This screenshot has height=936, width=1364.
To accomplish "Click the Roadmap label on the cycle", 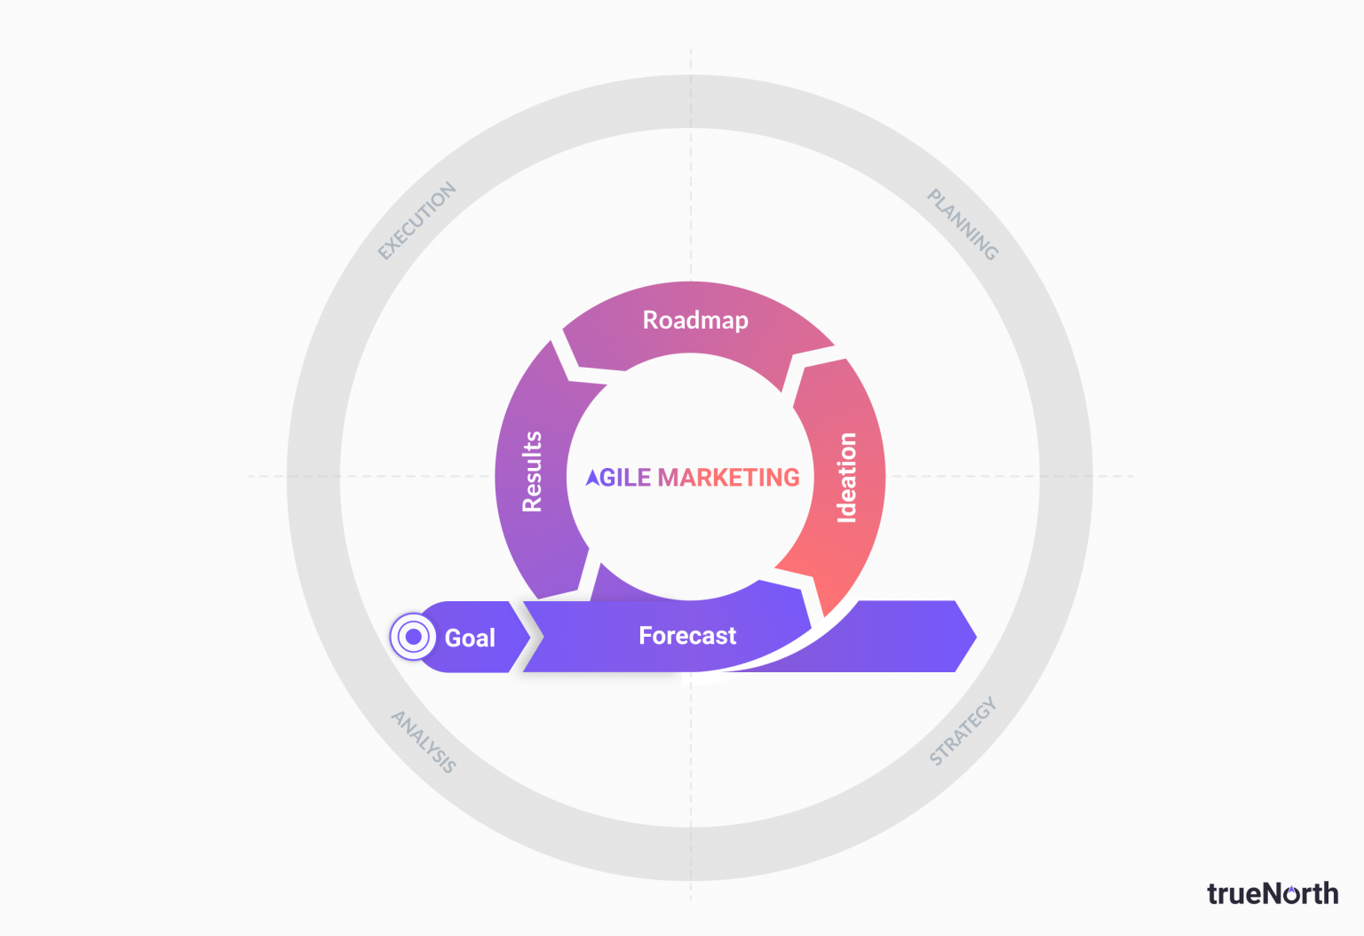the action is click(695, 321).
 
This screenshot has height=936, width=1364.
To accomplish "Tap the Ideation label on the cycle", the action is click(847, 478).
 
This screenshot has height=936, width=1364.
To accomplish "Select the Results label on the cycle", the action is click(532, 472).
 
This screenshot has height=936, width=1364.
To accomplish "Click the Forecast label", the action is click(687, 636).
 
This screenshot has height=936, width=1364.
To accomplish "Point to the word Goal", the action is click(470, 639).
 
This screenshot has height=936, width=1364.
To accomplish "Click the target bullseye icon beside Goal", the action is click(413, 637).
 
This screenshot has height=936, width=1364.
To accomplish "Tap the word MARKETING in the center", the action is click(729, 478).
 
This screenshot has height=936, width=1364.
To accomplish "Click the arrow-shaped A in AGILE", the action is click(592, 478).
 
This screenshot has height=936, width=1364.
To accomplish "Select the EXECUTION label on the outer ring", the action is click(417, 220).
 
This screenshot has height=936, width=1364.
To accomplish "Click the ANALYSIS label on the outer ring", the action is click(424, 742).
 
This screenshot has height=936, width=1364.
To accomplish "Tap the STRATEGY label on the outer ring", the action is click(963, 730).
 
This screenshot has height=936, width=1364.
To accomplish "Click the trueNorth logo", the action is click(1273, 893).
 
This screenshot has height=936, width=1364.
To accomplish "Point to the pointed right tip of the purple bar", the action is click(976, 637).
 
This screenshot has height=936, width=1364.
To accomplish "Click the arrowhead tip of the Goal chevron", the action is click(530, 637).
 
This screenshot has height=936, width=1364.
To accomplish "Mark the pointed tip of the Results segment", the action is click(551, 342).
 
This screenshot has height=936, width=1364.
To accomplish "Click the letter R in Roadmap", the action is click(650, 321).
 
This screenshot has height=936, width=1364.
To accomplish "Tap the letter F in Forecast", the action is click(645, 636).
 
